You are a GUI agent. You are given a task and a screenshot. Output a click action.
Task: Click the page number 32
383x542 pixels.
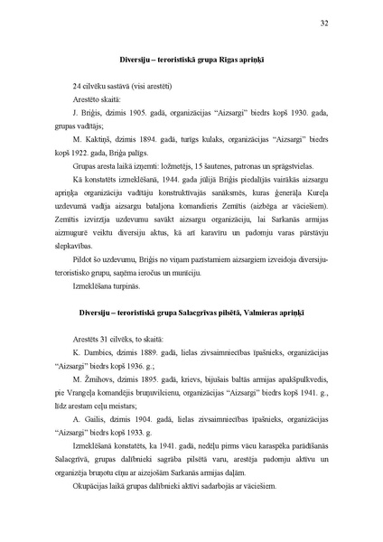(x=324, y=23)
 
